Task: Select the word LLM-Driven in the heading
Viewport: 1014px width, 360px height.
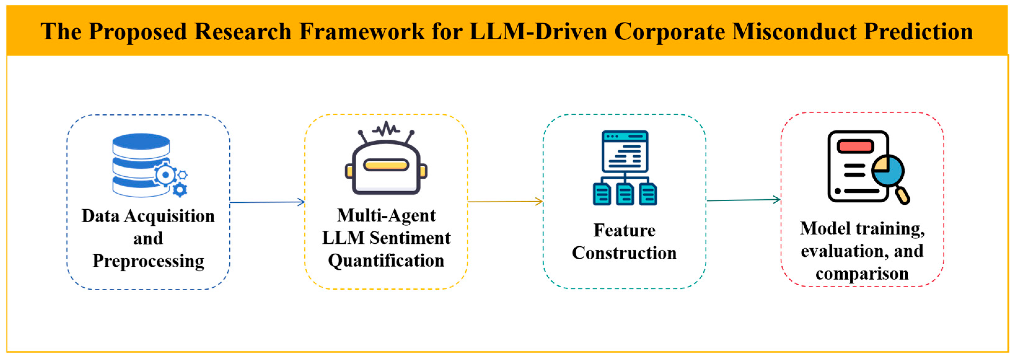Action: click(538, 32)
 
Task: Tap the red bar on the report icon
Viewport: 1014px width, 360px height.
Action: click(855, 146)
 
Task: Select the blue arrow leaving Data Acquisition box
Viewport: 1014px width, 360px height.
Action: click(267, 202)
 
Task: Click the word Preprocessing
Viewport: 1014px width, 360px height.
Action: click(148, 261)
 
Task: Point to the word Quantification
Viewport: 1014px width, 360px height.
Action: click(386, 261)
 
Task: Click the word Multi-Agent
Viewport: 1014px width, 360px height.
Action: click(386, 216)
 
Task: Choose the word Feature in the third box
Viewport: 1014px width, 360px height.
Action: click(624, 230)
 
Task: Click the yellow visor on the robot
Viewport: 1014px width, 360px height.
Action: click(386, 165)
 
